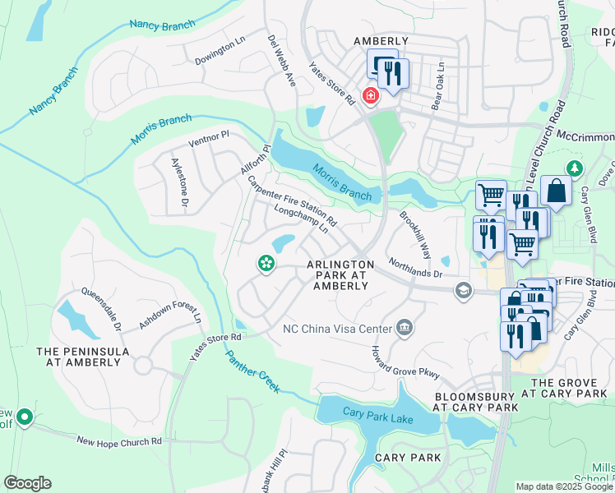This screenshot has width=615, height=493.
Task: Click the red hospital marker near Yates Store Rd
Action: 371,97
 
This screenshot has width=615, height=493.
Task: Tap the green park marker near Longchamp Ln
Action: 266,264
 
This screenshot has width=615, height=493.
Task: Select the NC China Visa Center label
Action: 337,329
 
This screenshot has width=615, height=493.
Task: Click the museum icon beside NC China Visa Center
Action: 404,329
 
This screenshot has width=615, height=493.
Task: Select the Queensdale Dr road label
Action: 100,309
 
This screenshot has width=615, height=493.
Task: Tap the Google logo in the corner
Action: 27,483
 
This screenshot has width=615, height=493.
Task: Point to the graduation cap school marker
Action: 464,290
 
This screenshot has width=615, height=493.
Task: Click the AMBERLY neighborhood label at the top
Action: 381,41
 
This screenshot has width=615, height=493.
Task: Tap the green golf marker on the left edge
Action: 25,417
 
